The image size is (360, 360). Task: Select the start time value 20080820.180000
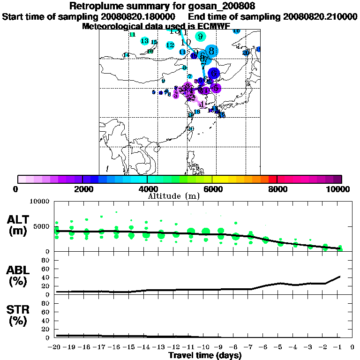click(141, 16)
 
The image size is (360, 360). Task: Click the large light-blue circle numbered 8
click(211, 51)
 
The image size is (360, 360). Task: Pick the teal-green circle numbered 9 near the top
click(201, 37)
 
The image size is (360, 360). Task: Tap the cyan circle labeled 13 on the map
click(145, 41)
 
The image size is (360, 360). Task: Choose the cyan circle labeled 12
click(170, 45)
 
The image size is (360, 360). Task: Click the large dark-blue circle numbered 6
click(214, 73)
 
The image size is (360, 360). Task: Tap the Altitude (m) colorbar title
click(174, 195)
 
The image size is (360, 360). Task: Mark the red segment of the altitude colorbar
click(272, 179)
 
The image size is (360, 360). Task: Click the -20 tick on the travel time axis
click(56, 347)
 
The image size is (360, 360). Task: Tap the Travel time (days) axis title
click(205, 355)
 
